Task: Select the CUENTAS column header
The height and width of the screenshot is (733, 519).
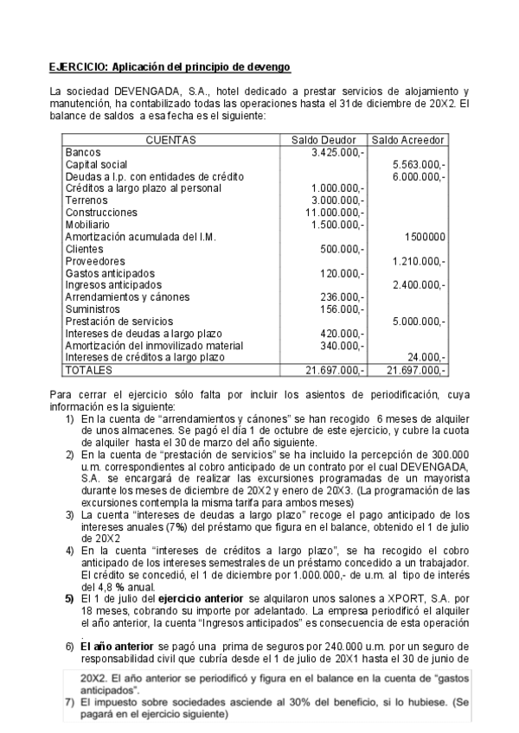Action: click(x=170, y=139)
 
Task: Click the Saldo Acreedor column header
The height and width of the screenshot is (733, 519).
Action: click(x=407, y=139)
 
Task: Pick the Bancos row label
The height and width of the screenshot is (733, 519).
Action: click(x=83, y=152)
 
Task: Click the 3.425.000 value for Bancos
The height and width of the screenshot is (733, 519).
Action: click(x=336, y=152)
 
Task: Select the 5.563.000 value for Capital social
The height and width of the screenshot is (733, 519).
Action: click(x=419, y=164)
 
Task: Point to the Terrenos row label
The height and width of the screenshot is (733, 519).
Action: click(x=86, y=200)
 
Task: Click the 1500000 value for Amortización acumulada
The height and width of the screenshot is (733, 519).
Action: click(x=425, y=236)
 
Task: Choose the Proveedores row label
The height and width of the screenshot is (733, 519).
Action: click(x=93, y=260)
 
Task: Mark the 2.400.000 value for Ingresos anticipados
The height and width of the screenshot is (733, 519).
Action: click(x=419, y=284)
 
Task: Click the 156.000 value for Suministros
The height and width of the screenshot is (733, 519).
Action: click(x=341, y=309)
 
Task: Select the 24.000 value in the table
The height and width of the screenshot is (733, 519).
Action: click(x=427, y=357)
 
